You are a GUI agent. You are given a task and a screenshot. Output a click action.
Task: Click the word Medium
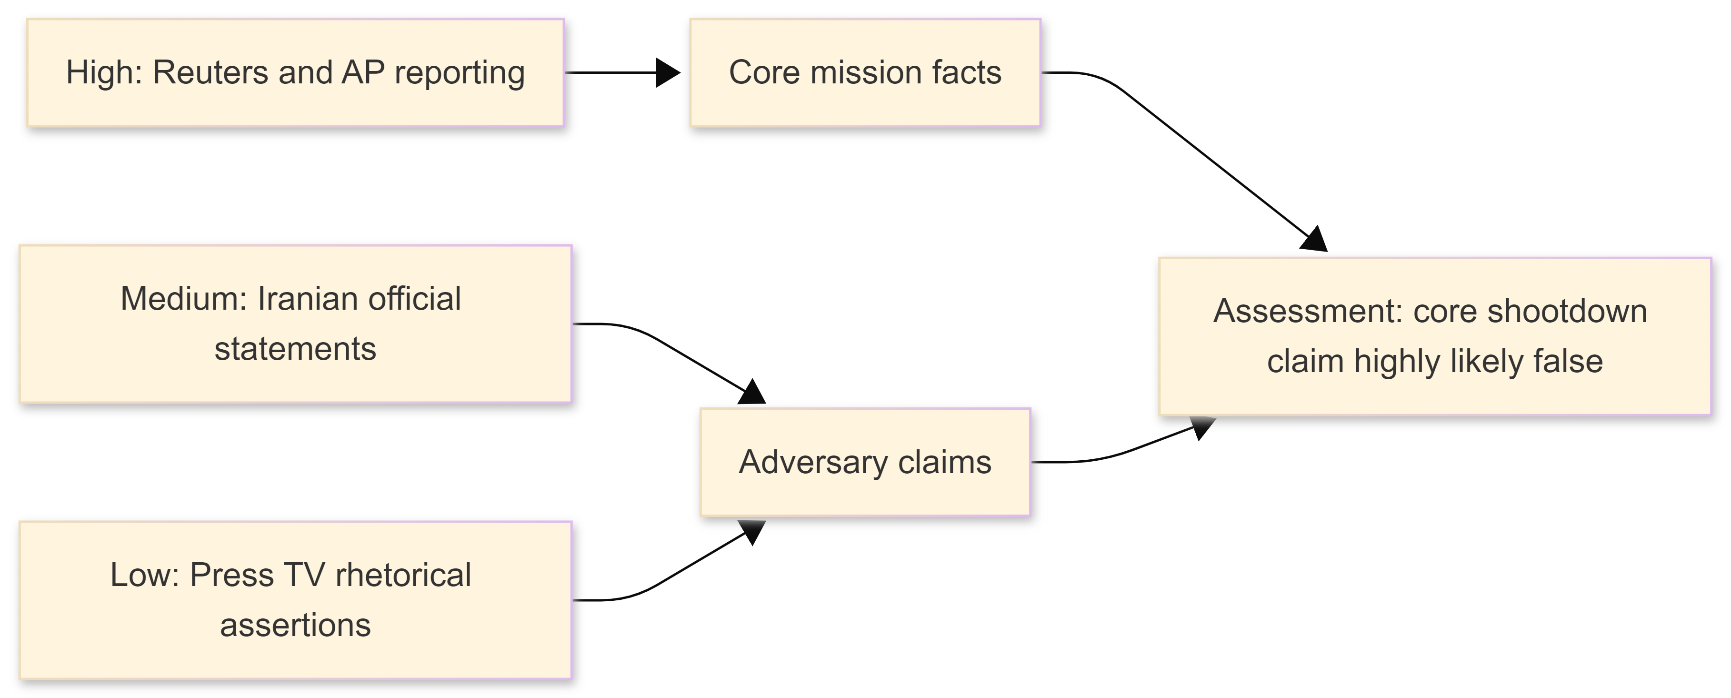(x=183, y=299)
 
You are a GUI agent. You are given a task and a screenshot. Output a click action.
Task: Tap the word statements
(x=295, y=349)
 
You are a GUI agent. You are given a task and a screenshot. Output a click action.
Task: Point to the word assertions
(x=295, y=626)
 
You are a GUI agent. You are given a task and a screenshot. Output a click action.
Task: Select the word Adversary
(x=813, y=463)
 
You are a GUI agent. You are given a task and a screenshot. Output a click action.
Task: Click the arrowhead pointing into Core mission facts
(x=668, y=72)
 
